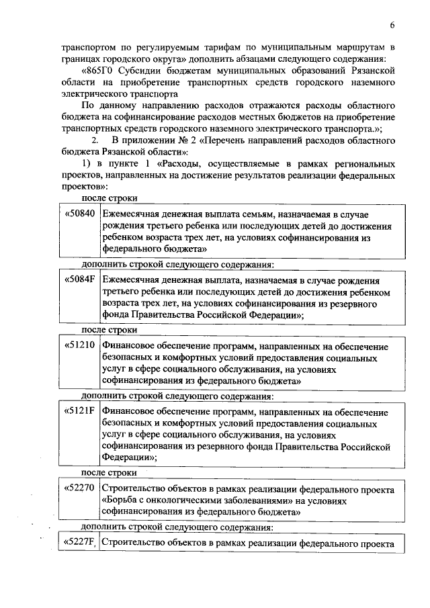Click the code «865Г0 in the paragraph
(99, 70)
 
